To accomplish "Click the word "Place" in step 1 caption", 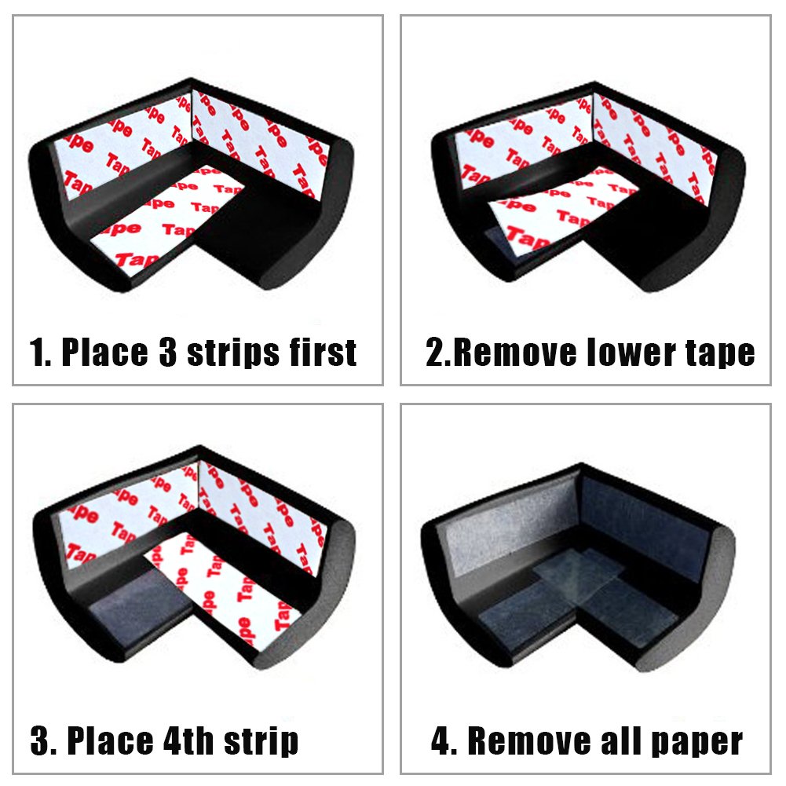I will [104, 353].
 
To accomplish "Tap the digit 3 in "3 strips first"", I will [168, 353].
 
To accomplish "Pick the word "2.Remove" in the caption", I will [503, 353].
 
